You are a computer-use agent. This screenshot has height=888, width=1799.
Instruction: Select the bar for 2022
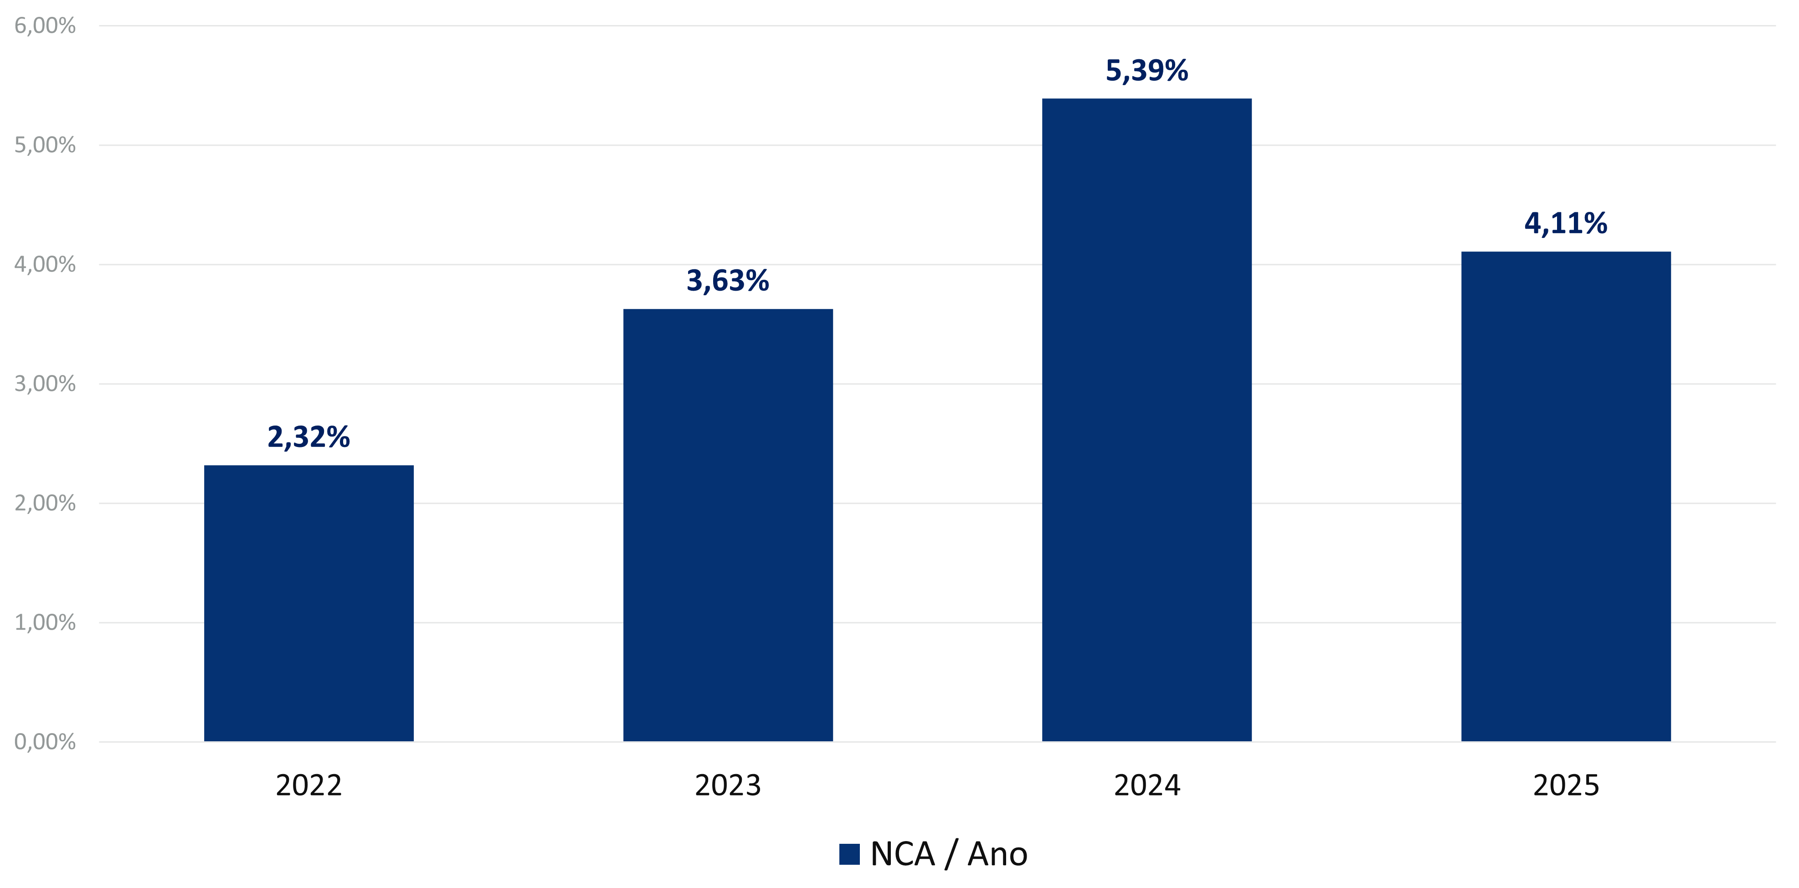tap(308, 603)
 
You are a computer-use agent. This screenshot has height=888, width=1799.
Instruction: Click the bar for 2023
tap(728, 525)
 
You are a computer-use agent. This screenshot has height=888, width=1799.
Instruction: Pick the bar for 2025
tap(1566, 496)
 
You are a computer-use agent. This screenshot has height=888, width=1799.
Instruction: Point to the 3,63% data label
tap(728, 281)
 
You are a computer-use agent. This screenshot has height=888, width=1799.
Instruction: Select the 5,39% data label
tap(1147, 71)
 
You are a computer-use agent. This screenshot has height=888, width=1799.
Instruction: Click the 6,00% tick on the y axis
tap(45, 26)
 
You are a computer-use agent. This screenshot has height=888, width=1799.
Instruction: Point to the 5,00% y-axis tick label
tap(45, 145)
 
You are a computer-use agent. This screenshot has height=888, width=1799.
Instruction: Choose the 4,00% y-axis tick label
tap(45, 265)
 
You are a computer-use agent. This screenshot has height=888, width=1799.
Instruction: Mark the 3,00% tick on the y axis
tap(45, 384)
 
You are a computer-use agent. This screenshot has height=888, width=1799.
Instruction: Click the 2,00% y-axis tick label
tap(45, 503)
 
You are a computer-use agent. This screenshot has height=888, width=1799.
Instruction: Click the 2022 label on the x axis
tap(308, 786)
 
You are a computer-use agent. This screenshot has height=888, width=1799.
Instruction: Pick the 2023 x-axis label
tap(728, 786)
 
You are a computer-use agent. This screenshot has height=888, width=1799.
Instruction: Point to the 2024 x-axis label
tap(1147, 786)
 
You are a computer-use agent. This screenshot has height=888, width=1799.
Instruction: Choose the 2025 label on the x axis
tap(1566, 786)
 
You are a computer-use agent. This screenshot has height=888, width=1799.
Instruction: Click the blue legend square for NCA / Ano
tap(849, 854)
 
